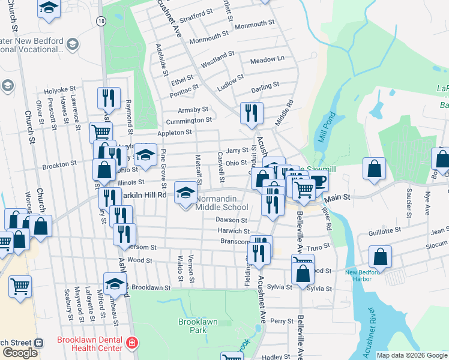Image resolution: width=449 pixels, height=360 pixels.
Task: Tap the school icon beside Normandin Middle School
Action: click(185, 192)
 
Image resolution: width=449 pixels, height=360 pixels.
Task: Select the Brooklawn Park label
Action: click(197, 326)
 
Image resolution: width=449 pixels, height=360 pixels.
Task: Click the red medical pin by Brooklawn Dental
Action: click(131, 344)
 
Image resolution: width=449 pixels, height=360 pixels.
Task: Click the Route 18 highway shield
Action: click(102, 21)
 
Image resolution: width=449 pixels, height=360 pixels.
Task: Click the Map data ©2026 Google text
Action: click(412, 355)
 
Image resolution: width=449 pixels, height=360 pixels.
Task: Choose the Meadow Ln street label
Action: click(267, 60)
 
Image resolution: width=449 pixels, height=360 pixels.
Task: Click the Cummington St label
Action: click(187, 121)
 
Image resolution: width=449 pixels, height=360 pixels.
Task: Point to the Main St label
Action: click(337, 198)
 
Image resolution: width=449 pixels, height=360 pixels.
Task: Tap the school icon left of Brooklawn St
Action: click(115, 283)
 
